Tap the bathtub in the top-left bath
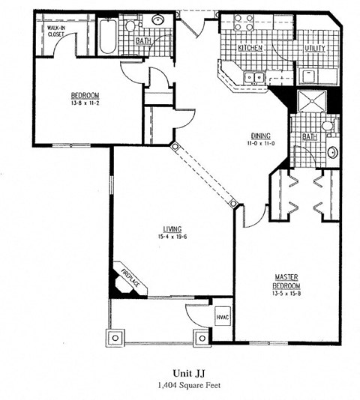[106, 36]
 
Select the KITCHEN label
[250, 47]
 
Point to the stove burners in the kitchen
[243, 25]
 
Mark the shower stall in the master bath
[309, 104]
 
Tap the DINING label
[262, 136]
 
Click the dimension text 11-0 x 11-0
[262, 144]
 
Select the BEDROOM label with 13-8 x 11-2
[85, 95]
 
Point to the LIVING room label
[172, 228]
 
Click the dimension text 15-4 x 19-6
[172, 237]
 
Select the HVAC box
[223, 317]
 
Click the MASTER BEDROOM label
[286, 282]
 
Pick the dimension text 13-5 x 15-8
[286, 294]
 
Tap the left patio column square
[114, 338]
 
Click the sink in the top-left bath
[159, 20]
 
